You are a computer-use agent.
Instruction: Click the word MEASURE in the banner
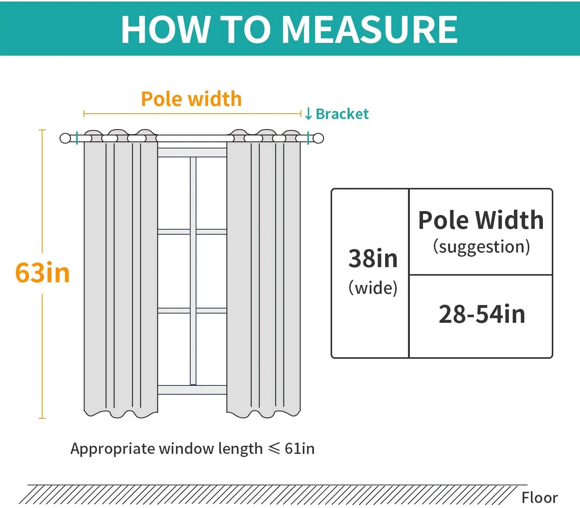tap(370, 30)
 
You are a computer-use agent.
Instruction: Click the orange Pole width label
tap(191, 99)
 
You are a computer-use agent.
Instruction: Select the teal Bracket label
tap(342, 114)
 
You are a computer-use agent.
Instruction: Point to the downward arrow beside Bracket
tap(308, 114)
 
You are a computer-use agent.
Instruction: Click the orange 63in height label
tap(43, 273)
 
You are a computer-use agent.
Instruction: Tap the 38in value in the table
tap(373, 259)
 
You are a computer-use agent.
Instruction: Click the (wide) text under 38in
tap(373, 288)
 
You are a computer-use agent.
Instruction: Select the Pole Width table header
tap(481, 220)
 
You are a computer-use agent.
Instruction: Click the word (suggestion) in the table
tap(481, 247)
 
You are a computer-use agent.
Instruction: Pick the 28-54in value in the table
tap(482, 314)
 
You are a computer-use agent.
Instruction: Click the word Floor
tap(539, 498)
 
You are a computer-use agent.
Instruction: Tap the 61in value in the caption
tap(300, 448)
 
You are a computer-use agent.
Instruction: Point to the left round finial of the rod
tap(65, 138)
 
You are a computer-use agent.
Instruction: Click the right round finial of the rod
tap(318, 138)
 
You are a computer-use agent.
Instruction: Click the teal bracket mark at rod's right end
tap(308, 138)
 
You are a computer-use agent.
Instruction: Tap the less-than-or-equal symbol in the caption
tap(274, 448)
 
